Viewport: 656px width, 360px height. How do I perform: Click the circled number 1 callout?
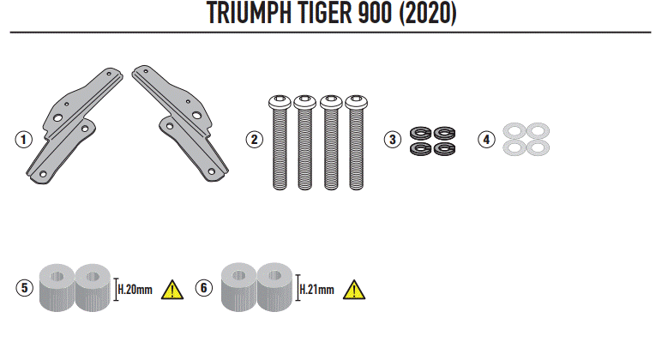[x=22, y=138]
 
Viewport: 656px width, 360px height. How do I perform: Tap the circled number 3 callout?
[x=391, y=139]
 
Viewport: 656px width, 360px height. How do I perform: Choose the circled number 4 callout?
[x=486, y=139]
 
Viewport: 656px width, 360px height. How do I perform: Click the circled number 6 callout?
[x=202, y=288]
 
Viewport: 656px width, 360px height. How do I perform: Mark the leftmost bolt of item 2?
[x=279, y=141]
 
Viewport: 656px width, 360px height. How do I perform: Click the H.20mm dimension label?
[x=136, y=290]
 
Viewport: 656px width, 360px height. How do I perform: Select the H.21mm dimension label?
[x=316, y=290]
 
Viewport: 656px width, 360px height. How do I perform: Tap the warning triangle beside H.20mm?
[x=173, y=289]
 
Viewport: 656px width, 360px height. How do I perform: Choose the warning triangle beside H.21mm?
[x=353, y=289]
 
